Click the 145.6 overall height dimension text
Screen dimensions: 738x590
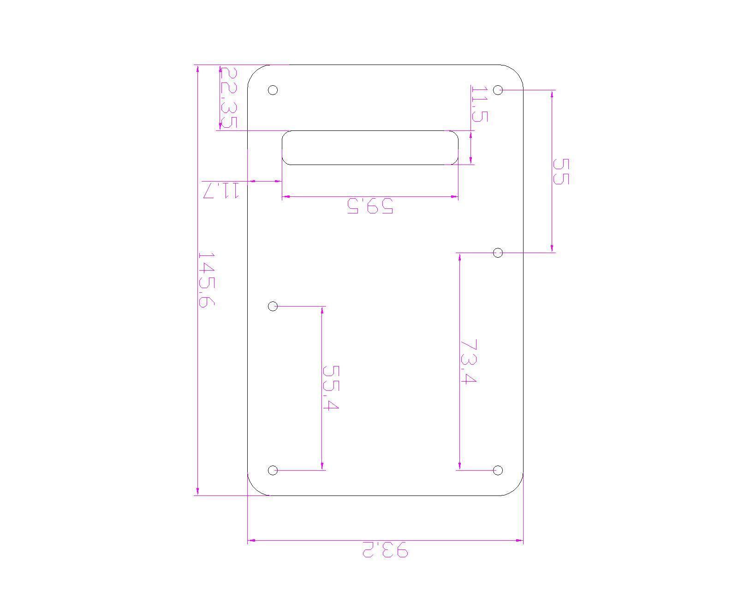[207, 280]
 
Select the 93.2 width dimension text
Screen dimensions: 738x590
[386, 549]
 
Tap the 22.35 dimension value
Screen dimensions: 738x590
[228, 97]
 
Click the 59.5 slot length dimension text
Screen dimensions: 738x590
[370, 206]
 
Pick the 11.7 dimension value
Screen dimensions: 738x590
[220, 191]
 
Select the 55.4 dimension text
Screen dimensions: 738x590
[331, 388]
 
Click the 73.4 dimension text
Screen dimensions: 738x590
[469, 362]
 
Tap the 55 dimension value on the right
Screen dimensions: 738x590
[560, 171]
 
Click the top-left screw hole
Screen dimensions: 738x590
[273, 90]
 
